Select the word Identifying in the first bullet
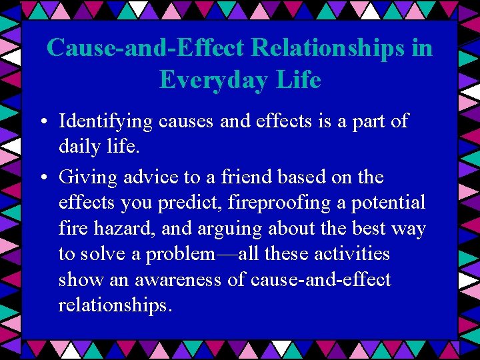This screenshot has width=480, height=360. [106, 122]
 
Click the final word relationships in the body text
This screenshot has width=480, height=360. [115, 305]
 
